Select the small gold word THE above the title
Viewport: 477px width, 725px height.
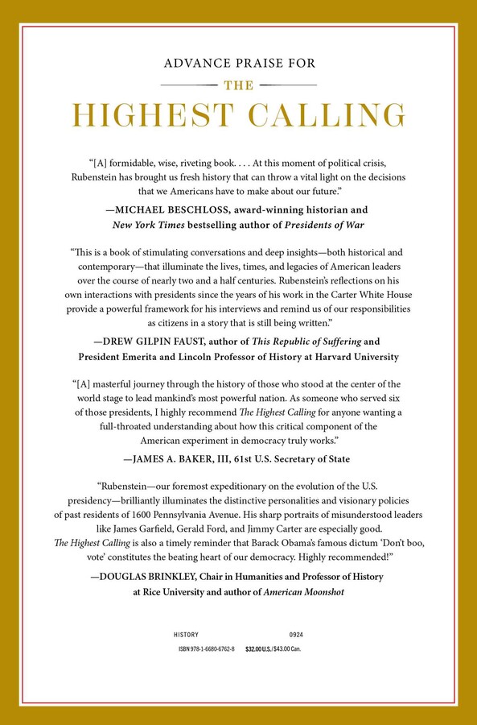[238, 83]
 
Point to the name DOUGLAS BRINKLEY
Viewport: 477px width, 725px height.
[158, 576]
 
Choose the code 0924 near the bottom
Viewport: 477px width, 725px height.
[297, 636]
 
